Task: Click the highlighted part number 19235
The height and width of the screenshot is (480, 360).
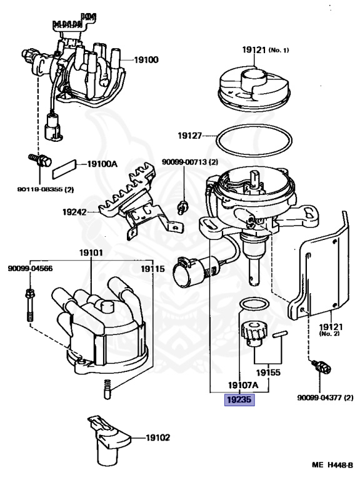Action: coord(239,399)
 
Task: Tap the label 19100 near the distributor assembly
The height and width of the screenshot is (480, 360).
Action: coord(146,59)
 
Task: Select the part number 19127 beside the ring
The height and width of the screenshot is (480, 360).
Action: coord(190,135)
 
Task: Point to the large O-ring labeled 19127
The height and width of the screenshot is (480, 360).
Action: coord(254,126)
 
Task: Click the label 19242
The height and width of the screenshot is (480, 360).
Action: coord(74,212)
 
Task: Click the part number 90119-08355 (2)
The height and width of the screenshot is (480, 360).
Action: coord(45,189)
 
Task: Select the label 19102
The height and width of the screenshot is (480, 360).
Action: coord(157,437)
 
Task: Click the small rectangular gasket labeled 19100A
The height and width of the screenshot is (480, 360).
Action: coord(64,169)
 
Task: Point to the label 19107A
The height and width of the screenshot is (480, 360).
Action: coord(243,385)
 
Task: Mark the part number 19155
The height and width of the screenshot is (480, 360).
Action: coord(268,372)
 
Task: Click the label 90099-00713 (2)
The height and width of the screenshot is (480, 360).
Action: coord(190,162)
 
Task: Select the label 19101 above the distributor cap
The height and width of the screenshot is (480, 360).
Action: coord(91,253)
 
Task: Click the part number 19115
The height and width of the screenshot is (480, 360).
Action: coord(152,269)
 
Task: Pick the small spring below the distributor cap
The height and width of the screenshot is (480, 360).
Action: coord(107,389)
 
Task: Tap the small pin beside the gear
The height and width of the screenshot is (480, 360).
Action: coord(279,334)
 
